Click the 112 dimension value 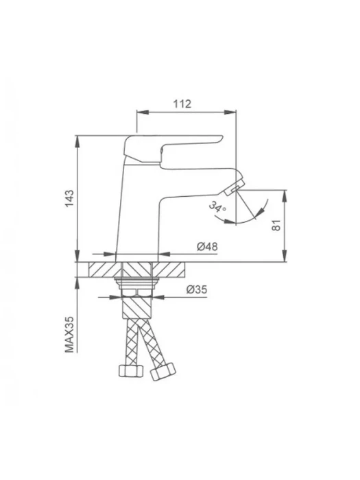[182, 104]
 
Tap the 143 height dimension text [69, 198]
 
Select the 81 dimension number [276, 226]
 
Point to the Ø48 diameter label [207, 246]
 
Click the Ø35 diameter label [197, 289]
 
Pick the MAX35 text [69, 335]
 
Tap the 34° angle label [217, 206]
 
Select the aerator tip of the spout [235, 187]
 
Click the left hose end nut [131, 371]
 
